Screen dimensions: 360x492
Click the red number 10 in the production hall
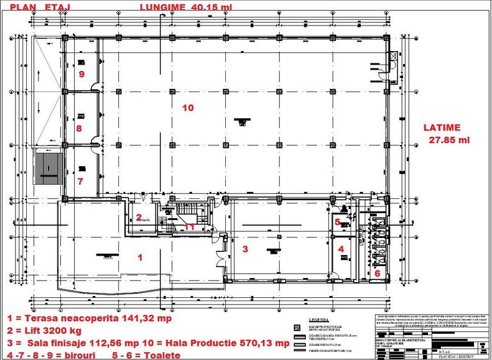click(187, 107)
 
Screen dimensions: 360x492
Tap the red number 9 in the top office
click(81, 74)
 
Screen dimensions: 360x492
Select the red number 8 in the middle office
click(79, 128)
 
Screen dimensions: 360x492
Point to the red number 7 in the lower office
click(80, 181)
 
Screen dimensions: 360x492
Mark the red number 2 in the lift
click(138, 217)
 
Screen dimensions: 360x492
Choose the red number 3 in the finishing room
click(244, 247)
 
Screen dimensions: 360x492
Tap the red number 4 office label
click(341, 249)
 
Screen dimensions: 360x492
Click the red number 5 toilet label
click(337, 222)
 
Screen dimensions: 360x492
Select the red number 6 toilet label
click(377, 273)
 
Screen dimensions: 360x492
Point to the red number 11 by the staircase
click(189, 226)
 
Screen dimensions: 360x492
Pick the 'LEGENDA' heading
click(319, 320)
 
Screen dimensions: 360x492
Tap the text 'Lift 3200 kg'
click(49, 331)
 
